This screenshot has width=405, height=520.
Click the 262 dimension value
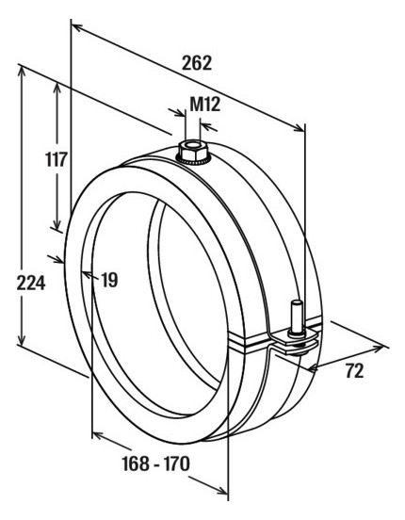197,63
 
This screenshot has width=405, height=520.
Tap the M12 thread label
204,105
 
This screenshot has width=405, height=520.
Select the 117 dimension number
57,159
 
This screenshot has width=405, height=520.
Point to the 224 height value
31,284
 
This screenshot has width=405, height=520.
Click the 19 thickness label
109,280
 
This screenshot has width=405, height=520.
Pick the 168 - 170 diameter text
156,463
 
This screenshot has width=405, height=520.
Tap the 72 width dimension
354,371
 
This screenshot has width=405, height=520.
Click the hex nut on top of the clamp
194,152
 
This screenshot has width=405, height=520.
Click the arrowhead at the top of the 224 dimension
22,71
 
